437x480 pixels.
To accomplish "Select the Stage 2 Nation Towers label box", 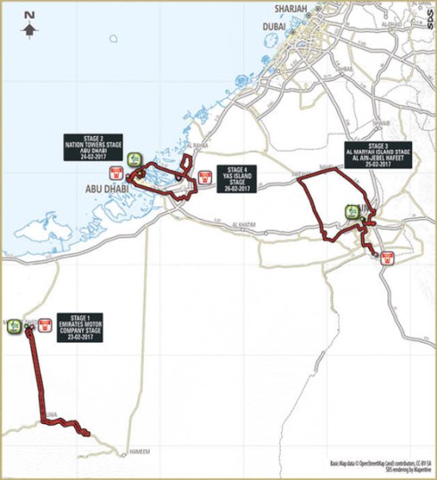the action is tap(85, 147).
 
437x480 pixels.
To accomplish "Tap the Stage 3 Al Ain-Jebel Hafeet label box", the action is tap(379, 153).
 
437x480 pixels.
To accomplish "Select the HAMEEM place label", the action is tap(140, 452).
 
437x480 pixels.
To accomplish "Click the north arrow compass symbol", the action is tap(30, 26).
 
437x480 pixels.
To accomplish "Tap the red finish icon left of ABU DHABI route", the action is tap(115, 172).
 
